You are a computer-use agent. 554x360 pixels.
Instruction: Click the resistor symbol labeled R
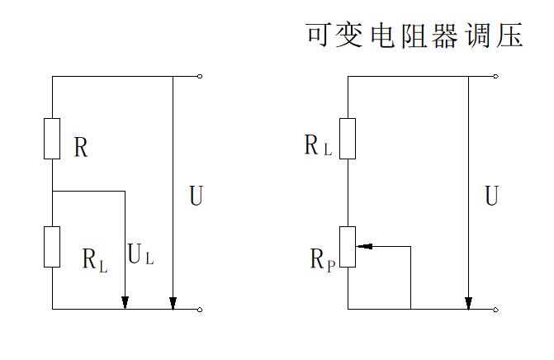coord(52,139)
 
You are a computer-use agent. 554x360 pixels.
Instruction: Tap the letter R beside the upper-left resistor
coord(81,149)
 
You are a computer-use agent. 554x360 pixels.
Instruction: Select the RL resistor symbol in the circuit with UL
coord(52,247)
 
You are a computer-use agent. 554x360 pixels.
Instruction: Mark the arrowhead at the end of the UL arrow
coord(125,303)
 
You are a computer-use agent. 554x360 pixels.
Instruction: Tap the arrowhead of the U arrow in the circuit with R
coord(172,303)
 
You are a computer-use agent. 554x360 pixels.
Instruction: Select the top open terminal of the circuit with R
coord(200,76)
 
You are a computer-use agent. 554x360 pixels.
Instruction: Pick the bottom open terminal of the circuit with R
coord(200,310)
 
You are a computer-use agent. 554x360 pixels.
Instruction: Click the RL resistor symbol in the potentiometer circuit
coord(348,139)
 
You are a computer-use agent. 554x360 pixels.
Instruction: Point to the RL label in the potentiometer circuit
coord(318,147)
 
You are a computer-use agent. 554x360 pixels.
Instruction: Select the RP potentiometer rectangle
coord(348,247)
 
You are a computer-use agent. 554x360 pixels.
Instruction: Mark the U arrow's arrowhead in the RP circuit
coord(468,303)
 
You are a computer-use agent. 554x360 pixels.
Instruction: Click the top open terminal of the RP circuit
coord(495,76)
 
